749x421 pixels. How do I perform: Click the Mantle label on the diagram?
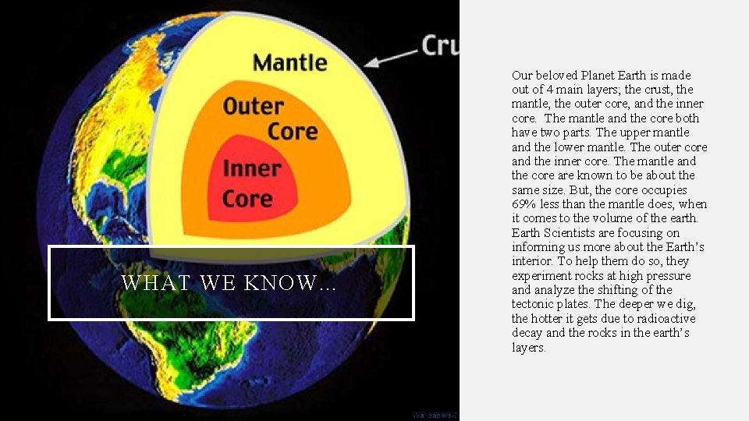[289, 62]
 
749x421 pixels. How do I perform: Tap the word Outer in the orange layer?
[253, 106]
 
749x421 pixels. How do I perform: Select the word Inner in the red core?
[251, 168]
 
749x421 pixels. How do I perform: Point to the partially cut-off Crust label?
[440, 45]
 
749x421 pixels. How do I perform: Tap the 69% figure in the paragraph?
[524, 204]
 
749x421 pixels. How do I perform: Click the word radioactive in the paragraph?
[663, 319]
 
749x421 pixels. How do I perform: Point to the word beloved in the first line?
[557, 76]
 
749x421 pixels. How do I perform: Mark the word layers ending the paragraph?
[528, 348]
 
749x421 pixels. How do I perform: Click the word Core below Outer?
[293, 131]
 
